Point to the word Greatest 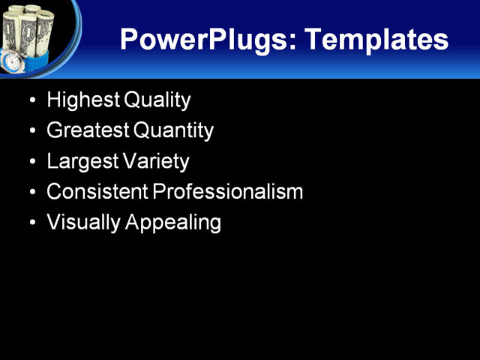(x=87, y=130)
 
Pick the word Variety (x=155, y=161)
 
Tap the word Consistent (x=97, y=192)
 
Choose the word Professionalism (x=228, y=192)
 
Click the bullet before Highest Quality (x=31, y=100)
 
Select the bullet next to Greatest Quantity (x=31, y=131)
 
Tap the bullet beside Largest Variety (x=31, y=162)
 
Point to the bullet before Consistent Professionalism (x=31, y=193)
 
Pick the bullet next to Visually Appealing (x=31, y=223)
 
